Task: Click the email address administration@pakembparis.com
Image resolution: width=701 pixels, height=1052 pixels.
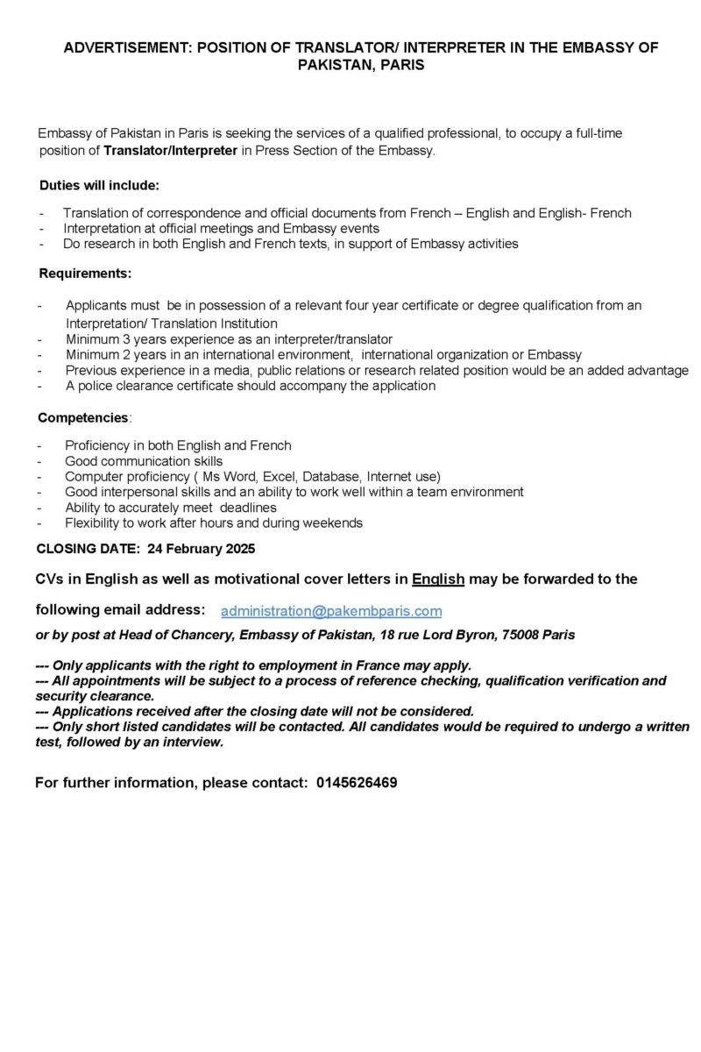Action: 331,611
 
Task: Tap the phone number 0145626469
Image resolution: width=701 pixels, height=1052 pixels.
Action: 357,783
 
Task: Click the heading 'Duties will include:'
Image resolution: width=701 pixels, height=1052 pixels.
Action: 99,186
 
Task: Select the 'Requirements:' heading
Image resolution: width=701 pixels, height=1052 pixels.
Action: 85,274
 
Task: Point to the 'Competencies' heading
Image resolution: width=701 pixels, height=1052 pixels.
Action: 82,418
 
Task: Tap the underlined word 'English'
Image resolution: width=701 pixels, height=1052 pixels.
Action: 438,579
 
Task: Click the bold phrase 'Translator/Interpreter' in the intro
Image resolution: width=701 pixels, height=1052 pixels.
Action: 170,151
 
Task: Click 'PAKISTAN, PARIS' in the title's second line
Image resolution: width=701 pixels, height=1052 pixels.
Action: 361,65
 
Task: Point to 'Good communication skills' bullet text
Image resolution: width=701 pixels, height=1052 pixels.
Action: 144,461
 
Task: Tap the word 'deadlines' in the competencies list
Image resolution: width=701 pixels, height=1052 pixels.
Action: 248,508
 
